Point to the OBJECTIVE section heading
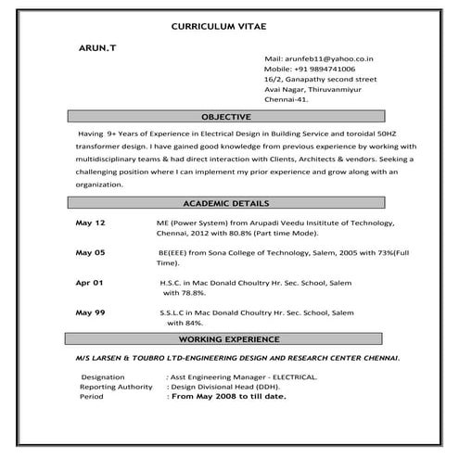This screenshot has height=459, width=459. click(226, 117)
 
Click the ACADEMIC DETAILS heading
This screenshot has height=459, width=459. click(226, 202)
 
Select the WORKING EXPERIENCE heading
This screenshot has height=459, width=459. click(227, 340)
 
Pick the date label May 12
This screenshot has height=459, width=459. click(90, 223)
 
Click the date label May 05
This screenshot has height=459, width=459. click(90, 252)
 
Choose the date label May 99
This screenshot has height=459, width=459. click(90, 312)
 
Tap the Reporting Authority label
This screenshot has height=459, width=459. click(116, 387)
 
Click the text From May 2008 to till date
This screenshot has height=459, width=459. click(226, 396)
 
